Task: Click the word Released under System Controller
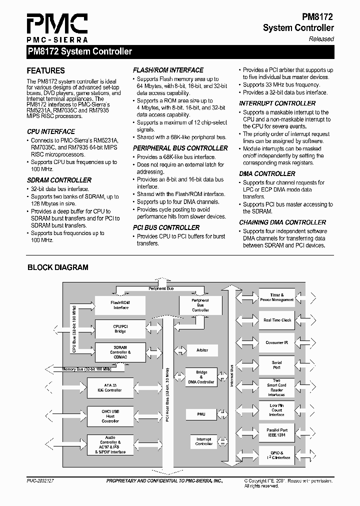click(321, 39)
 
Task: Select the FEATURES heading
click(45, 71)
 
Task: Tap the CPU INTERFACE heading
click(51, 131)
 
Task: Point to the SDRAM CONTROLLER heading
click(59, 180)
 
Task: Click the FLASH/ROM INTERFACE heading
click(168, 70)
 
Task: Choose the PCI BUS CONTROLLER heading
click(166, 227)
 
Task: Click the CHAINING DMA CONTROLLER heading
click(282, 222)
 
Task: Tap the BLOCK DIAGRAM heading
click(57, 267)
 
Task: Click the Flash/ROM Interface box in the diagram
click(120, 305)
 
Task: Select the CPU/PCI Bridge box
click(120, 328)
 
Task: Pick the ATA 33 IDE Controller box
click(112, 387)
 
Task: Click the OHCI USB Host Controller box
click(110, 416)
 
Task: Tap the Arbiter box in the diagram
click(202, 350)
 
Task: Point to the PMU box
click(201, 414)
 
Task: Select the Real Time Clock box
click(277, 320)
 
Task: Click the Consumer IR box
click(277, 342)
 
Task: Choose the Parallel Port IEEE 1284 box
click(276, 432)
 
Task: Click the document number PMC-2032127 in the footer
click(40, 480)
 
